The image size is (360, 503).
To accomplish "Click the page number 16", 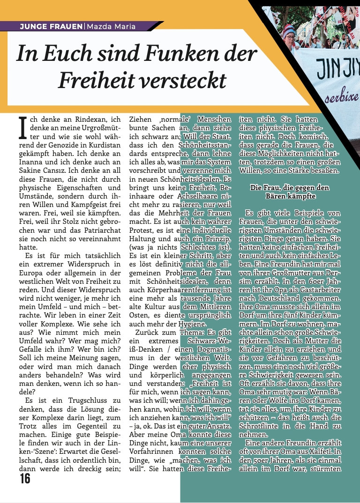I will [x=25, y=478].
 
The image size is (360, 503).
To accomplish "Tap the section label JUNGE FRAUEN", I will [x=51, y=27].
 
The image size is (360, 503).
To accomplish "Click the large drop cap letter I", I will [x=21, y=127].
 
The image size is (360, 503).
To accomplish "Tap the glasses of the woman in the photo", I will [x=291, y=35].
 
